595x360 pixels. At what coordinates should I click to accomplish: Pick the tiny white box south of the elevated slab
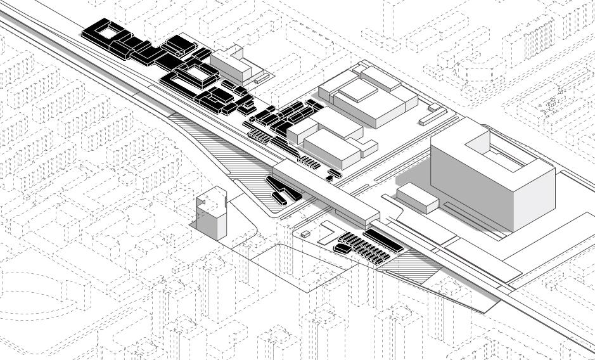pos(305,234)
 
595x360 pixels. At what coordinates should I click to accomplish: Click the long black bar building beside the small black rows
pos(383,240)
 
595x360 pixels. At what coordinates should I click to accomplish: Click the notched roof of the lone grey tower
pos(212,197)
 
